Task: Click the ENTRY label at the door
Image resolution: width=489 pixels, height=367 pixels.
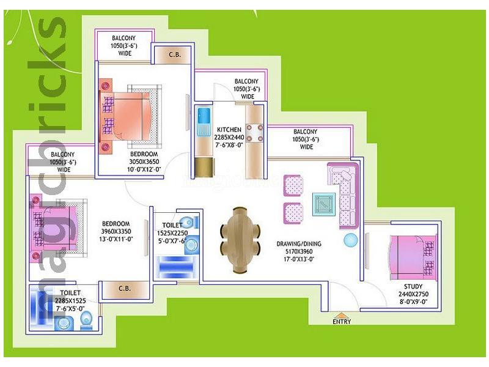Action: tap(342, 321)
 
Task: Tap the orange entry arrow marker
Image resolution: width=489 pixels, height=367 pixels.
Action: tap(342, 315)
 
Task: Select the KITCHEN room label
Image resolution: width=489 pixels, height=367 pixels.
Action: tap(229, 130)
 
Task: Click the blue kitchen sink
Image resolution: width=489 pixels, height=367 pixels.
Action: tap(204, 116)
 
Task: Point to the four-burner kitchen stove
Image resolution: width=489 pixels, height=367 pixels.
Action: tap(254, 133)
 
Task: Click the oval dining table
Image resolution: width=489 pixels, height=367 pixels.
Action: tap(240, 240)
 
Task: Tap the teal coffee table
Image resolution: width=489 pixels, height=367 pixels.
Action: tap(324, 204)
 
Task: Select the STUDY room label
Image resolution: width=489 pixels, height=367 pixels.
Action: tap(413, 286)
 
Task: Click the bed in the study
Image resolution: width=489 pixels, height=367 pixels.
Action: tap(413, 258)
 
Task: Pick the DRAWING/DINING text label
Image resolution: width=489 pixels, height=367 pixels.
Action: tap(299, 243)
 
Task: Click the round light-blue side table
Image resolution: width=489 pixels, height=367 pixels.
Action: tap(351, 240)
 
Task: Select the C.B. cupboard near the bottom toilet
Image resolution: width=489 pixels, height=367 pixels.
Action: tap(124, 289)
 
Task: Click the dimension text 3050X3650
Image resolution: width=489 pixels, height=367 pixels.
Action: tap(144, 161)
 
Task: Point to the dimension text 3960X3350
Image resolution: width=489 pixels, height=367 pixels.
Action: tap(116, 231)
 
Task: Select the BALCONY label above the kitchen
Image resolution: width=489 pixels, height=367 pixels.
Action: tap(246, 81)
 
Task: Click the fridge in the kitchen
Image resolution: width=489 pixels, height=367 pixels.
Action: tap(205, 167)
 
